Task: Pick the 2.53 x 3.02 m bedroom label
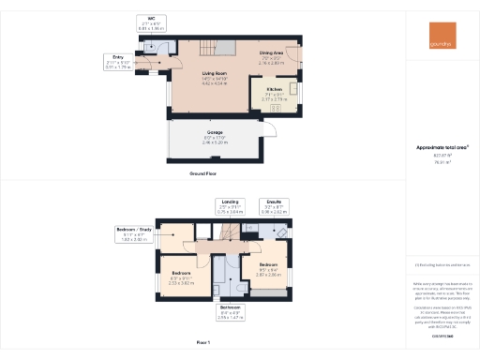tap(180, 280)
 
